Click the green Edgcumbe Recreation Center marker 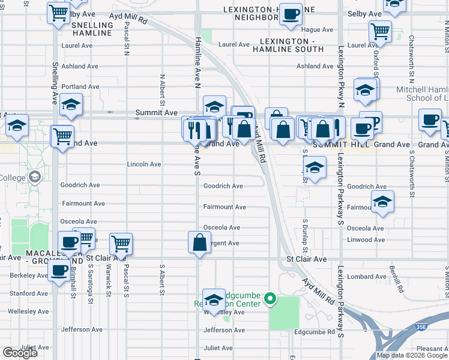click(x=271, y=298)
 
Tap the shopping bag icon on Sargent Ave click(x=200, y=242)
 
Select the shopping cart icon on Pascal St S click(x=121, y=244)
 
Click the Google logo click(x=20, y=353)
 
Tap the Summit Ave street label click(x=156, y=112)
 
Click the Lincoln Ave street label click(x=144, y=164)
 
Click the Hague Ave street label click(x=318, y=29)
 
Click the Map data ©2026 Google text click(x=412, y=355)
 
